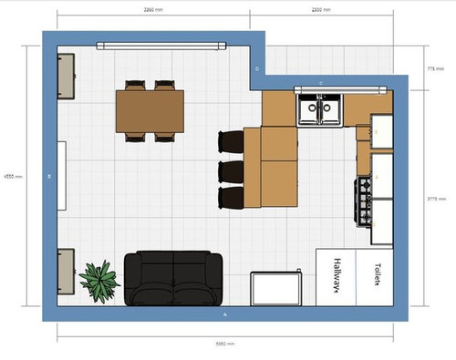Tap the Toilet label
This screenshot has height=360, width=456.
click(x=375, y=273)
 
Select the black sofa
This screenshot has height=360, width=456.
click(x=173, y=278)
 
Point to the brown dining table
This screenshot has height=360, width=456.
click(x=150, y=110)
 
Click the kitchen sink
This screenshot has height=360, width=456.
click(x=319, y=109)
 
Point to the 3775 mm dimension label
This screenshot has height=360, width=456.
click(x=436, y=198)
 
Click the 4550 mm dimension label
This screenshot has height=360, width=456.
click(x=12, y=176)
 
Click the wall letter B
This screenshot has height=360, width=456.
click(x=49, y=176)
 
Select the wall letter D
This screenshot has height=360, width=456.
click(x=258, y=68)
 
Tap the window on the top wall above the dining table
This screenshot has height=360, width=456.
click(x=161, y=43)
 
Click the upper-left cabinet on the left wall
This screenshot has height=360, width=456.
click(x=66, y=75)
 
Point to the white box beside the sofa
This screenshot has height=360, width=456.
click(x=277, y=287)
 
